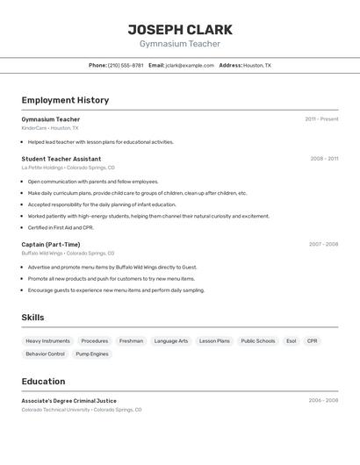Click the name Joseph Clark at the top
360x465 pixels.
180,29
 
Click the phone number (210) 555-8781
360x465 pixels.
126,65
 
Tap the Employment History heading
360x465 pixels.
65,100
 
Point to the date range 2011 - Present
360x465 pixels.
321,119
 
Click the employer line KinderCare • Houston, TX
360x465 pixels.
50,128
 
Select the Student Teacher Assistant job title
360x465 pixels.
61,159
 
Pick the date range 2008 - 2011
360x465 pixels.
324,159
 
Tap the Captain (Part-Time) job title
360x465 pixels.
51,245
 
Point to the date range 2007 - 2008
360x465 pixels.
323,245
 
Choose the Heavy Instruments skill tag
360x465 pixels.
47,340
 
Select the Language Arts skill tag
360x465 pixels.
171,340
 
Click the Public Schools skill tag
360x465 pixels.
258,340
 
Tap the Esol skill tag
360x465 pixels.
292,340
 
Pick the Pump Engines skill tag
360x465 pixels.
92,354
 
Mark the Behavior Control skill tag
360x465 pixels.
45,354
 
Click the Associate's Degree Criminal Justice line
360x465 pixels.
68,401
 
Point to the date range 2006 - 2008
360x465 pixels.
323,401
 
